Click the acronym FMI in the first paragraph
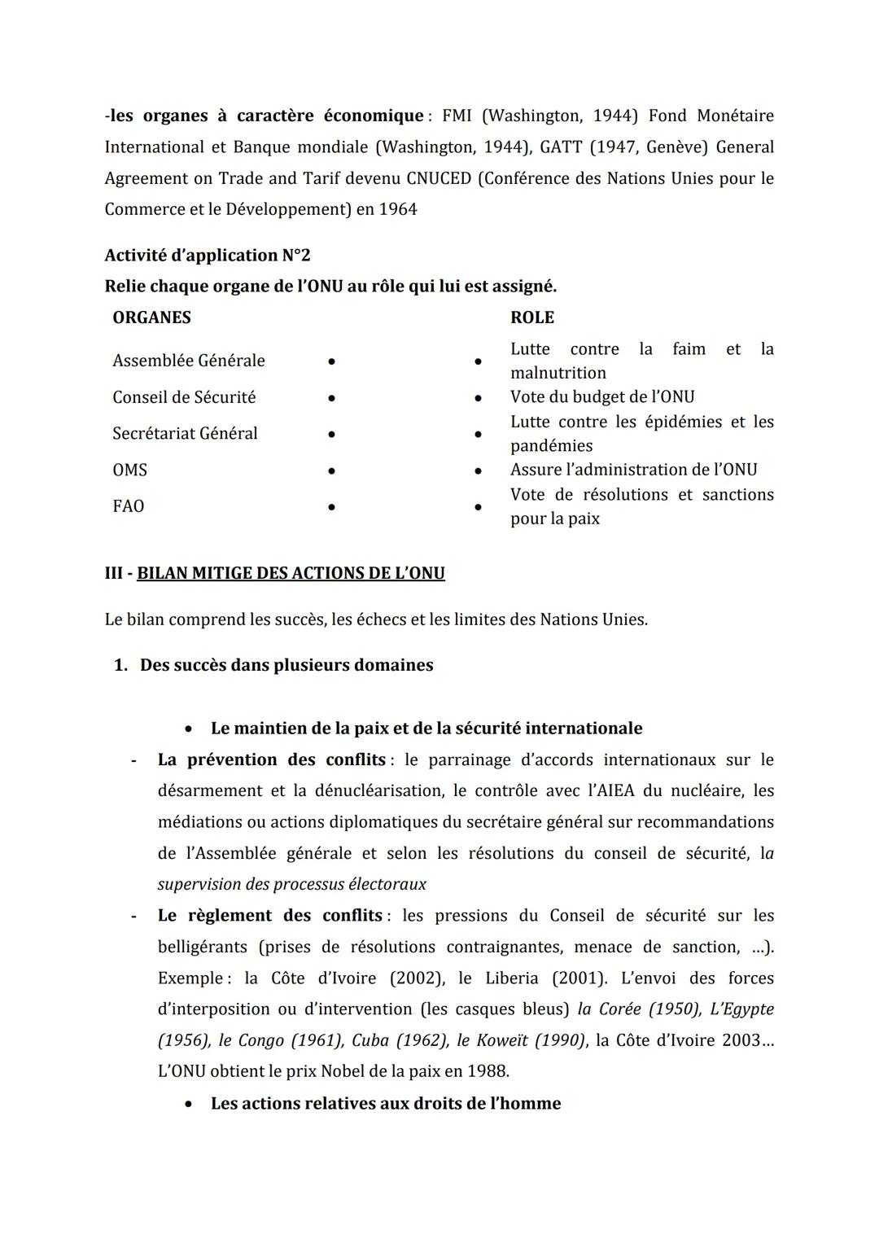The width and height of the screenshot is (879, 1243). (457, 116)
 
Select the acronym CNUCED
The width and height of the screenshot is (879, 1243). (439, 178)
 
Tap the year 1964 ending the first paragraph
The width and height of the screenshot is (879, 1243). (398, 209)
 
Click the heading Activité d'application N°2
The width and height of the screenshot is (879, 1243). (208, 256)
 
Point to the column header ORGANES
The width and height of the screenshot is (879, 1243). (151, 317)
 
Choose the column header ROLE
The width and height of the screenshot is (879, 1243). (532, 317)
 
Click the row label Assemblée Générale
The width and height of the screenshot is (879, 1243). (189, 361)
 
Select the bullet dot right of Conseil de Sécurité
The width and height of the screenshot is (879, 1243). (331, 398)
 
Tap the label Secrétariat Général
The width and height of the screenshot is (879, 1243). (185, 434)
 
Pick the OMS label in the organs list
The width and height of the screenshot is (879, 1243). (130, 471)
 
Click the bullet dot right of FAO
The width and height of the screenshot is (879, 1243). (331, 507)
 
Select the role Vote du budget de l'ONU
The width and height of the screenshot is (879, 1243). (602, 397)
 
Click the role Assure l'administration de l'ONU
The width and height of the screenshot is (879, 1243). (633, 470)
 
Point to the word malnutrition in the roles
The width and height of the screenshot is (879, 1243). (558, 373)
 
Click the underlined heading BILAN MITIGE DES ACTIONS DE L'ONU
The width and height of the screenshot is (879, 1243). (291, 573)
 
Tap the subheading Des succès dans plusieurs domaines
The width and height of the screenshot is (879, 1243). (286, 665)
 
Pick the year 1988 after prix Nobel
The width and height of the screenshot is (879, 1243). (487, 1071)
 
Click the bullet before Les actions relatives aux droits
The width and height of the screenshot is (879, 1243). (189, 1105)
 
